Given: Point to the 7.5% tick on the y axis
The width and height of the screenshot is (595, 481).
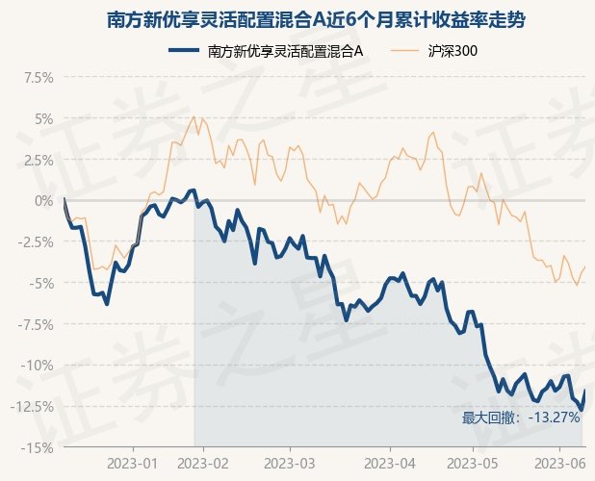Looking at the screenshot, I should (34, 77).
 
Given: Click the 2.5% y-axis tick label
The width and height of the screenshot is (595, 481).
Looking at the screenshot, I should (34, 160).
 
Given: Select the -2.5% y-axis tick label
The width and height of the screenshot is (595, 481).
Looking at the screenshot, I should (32, 241).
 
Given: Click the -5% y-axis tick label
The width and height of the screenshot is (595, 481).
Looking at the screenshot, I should (37, 283).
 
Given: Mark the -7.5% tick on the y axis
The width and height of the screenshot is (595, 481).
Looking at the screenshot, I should (32, 324).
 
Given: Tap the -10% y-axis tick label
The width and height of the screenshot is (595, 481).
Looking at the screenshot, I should (34, 365).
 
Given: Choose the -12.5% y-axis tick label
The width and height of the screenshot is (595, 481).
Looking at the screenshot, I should (29, 406).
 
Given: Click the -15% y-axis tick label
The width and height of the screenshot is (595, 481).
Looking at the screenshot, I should (34, 447).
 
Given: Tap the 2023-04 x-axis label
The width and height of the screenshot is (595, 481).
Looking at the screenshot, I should (389, 464).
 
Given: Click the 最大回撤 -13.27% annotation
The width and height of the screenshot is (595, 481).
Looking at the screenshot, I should (521, 418).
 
